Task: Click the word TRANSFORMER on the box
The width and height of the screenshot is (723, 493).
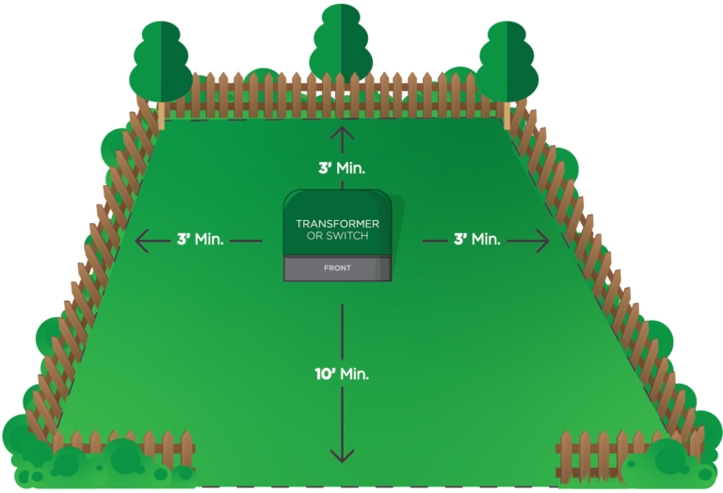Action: coord(338,223)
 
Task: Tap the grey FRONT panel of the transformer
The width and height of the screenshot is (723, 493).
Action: coord(338,268)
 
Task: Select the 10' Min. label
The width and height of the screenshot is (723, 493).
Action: coord(342,374)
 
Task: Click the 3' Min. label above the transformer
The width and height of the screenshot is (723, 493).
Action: coord(341,168)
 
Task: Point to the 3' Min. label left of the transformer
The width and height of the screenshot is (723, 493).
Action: coord(200,240)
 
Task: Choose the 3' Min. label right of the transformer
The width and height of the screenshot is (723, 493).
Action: coord(476,240)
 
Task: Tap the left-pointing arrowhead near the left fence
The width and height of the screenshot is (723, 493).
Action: coord(141,241)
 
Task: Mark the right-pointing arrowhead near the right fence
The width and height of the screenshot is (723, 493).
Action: coord(543,241)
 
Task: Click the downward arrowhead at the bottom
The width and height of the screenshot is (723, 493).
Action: coord(342,456)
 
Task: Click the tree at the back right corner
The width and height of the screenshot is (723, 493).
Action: coord(508,58)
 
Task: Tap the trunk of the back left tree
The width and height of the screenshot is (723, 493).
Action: coord(161,115)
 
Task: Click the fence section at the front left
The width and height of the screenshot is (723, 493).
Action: coord(122,450)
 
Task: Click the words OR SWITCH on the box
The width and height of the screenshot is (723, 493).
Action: coord(338,235)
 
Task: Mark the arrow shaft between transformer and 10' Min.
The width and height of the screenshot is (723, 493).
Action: coord(342,329)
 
